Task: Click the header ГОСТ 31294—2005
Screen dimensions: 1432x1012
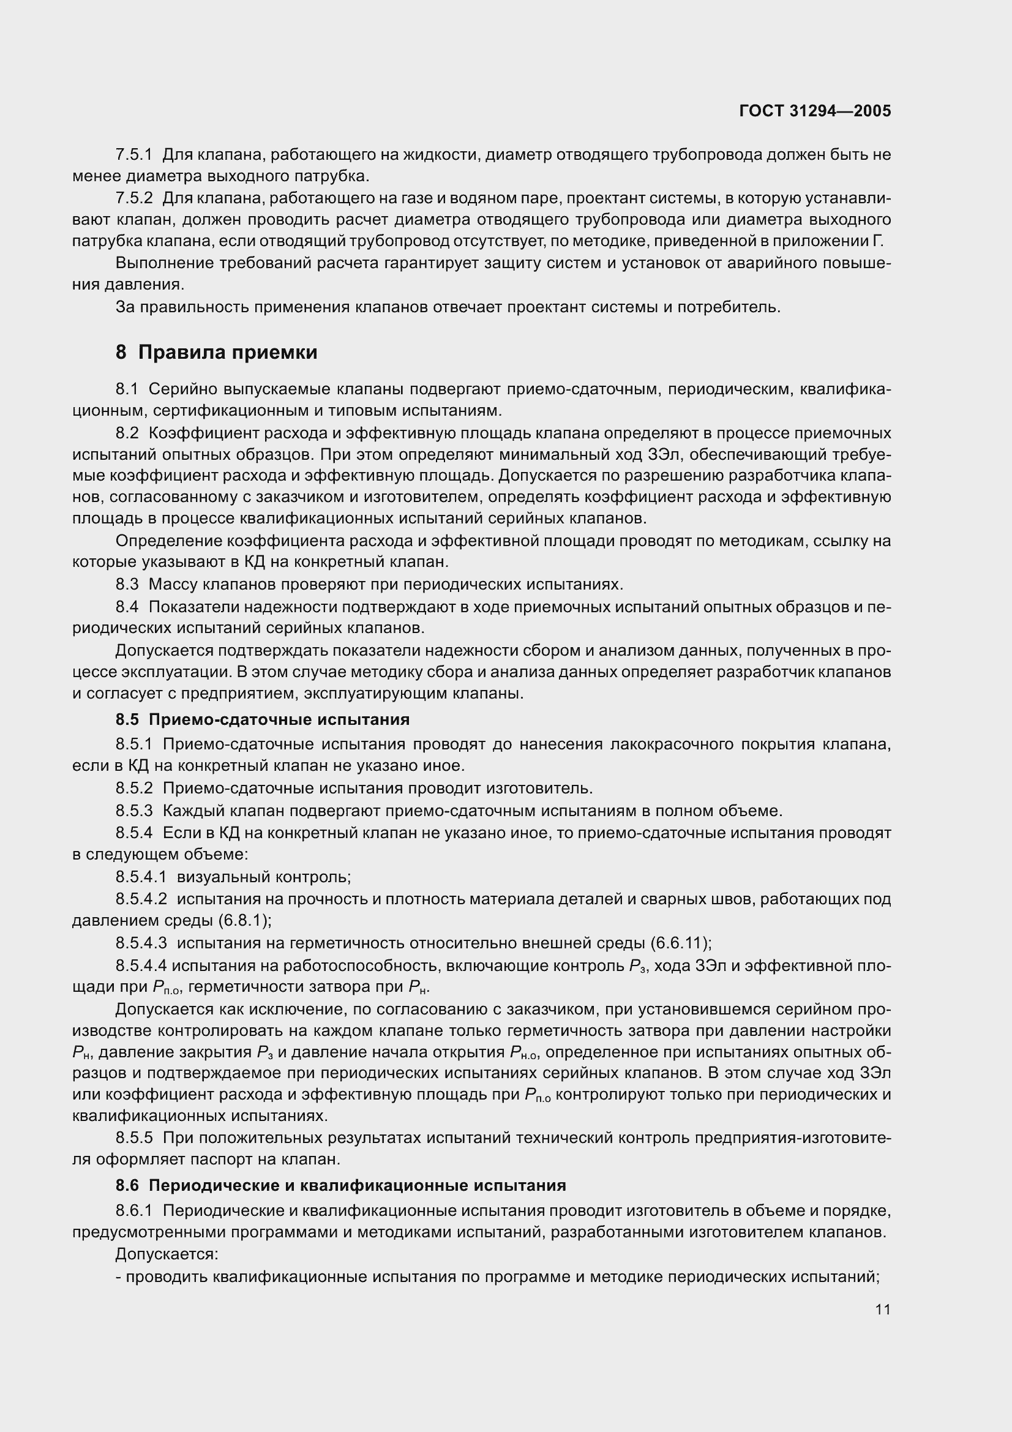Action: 815,111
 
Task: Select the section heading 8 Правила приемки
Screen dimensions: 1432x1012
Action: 216,353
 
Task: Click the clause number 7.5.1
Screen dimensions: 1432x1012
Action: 133,155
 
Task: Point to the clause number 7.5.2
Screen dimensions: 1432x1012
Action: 133,198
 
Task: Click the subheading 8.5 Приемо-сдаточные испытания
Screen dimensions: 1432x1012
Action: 263,720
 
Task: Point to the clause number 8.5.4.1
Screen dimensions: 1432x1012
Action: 141,877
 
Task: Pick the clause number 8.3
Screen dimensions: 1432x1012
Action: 127,585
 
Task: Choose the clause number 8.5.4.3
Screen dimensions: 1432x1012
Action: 141,943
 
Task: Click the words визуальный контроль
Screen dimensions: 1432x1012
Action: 264,877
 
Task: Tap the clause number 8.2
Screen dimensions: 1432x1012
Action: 127,433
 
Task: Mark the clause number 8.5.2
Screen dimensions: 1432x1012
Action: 133,789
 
